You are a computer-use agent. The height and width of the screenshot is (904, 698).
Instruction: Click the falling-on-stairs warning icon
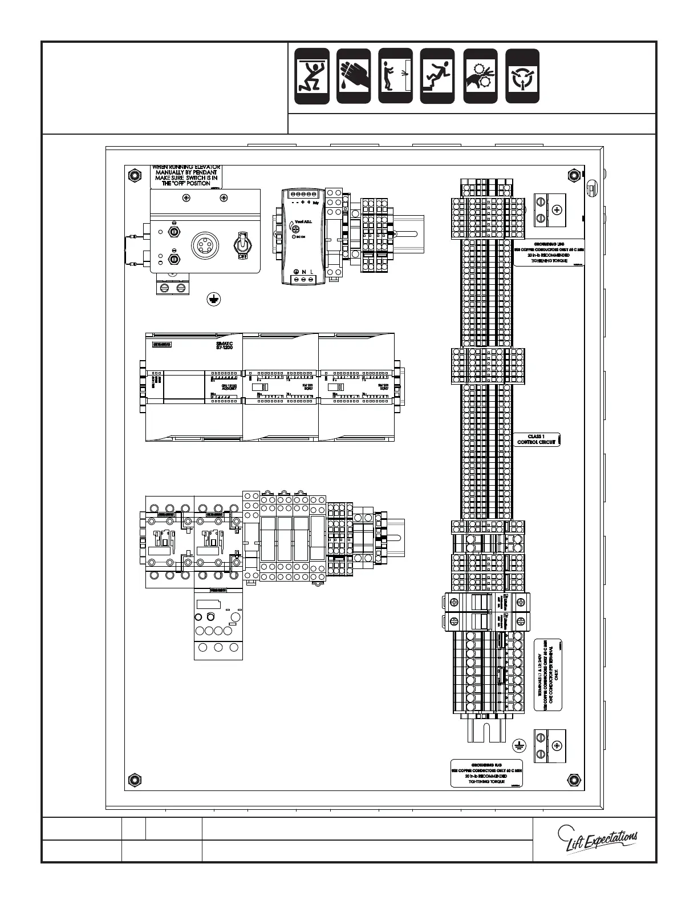tap(437, 76)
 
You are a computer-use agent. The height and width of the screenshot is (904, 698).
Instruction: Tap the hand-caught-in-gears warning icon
tap(480, 76)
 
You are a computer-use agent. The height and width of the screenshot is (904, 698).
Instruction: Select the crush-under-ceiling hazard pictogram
tap(312, 76)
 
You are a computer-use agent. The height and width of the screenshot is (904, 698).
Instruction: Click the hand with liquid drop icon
tap(354, 76)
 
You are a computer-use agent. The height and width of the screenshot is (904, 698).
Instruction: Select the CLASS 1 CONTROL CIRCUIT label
tap(536, 439)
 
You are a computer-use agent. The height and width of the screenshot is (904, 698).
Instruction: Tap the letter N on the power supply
tap(304, 272)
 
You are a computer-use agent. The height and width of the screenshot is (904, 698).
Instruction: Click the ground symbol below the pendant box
tap(214, 299)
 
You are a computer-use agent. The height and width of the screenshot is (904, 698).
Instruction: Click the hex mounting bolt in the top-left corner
tap(133, 174)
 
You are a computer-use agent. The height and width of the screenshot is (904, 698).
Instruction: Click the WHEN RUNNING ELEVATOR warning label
tap(186, 176)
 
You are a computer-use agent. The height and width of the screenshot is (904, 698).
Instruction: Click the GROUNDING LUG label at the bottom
tap(486, 773)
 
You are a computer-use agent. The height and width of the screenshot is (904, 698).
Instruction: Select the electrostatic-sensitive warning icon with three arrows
tap(522, 76)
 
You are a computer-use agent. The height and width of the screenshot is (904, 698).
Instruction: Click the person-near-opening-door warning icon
tap(395, 76)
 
